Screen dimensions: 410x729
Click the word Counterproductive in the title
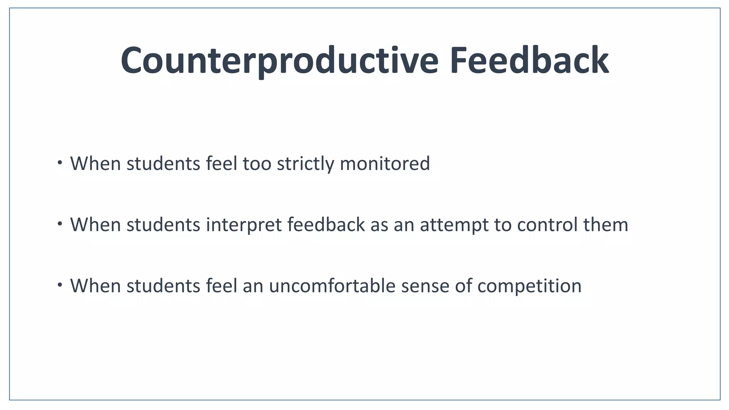click(x=279, y=61)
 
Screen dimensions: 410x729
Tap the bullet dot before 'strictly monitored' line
click(x=60, y=163)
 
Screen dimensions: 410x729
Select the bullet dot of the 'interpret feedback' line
click(x=60, y=224)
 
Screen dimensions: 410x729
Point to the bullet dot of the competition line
click(x=60, y=285)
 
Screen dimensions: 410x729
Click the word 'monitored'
click(x=385, y=164)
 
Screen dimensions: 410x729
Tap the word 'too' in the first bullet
click(x=257, y=164)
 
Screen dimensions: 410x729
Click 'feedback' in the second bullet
click(x=326, y=225)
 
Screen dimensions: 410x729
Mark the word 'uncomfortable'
click(x=332, y=285)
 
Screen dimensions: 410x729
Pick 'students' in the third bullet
click(x=163, y=285)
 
